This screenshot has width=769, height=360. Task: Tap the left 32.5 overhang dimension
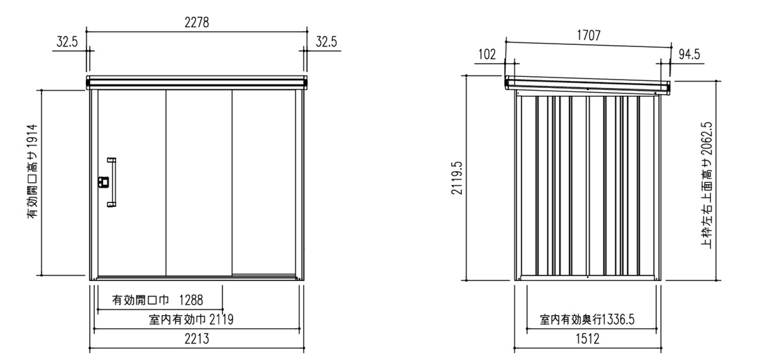click(67, 42)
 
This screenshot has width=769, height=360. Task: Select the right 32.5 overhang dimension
click(326, 42)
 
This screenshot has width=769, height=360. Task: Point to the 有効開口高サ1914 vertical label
click(32, 171)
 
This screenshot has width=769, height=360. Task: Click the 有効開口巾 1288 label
click(157, 299)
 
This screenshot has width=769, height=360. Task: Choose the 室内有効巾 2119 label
click(191, 320)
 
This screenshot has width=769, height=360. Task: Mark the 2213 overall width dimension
click(197, 339)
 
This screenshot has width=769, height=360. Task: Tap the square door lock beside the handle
click(102, 183)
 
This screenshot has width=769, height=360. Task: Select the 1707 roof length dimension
click(588, 35)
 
